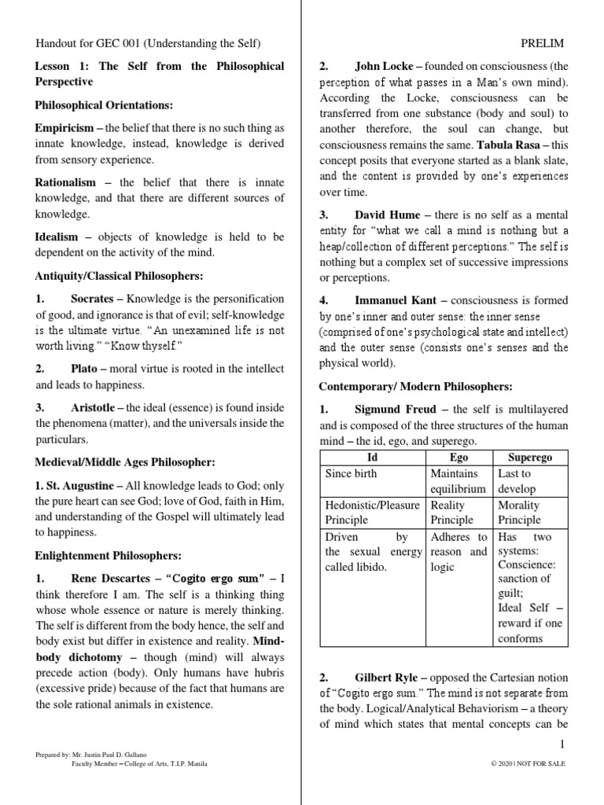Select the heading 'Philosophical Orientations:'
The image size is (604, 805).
[x=104, y=105]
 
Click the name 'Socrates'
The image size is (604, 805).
[x=91, y=299]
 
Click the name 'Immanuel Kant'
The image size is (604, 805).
[x=397, y=300]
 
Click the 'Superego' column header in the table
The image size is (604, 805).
[x=529, y=457]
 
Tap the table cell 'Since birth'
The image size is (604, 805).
[x=351, y=473]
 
